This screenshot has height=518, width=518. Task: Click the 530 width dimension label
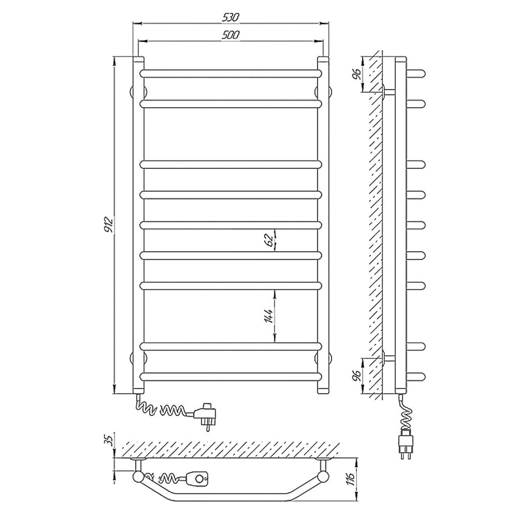tap(231, 18)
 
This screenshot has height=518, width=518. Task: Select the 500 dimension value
tap(231, 35)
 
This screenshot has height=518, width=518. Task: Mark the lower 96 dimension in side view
tap(356, 375)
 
